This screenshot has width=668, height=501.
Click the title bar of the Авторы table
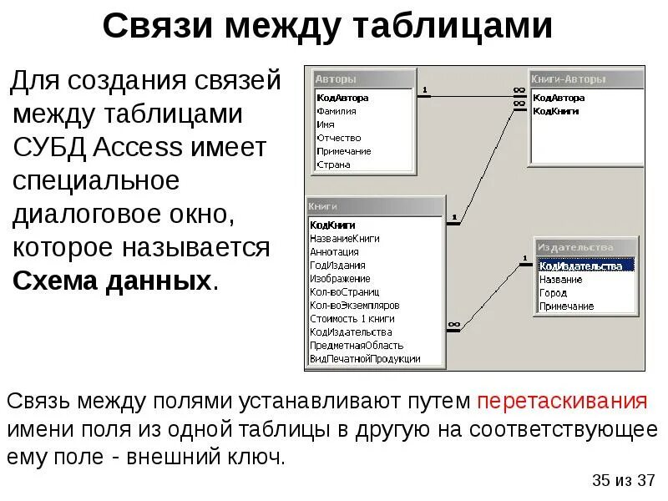coord(363,79)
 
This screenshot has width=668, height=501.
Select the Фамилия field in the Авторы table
coord(337,111)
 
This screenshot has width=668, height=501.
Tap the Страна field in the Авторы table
coord(333,164)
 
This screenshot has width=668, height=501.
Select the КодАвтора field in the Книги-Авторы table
coord(558,98)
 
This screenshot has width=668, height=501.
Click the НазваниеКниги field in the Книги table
coord(344,238)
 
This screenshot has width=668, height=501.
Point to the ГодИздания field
coord(337,265)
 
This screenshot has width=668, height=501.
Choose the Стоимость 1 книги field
coord(352,318)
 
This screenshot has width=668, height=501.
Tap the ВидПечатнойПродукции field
coord(364,358)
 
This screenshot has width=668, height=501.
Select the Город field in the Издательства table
coord(553,293)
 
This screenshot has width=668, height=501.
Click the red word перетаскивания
coord(562,401)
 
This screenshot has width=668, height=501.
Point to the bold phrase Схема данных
coord(111,280)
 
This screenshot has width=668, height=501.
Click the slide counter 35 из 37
coord(623,480)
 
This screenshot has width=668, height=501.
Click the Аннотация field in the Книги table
coord(334,251)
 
